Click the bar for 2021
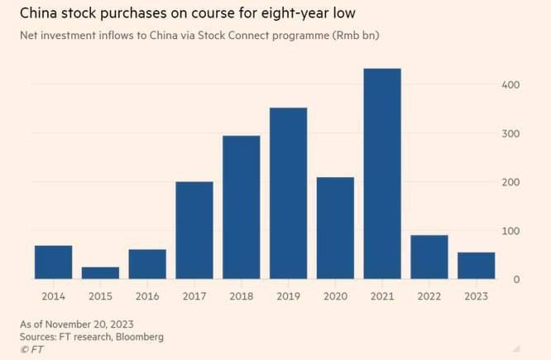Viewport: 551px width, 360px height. point(382,174)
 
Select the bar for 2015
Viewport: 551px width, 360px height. point(100,273)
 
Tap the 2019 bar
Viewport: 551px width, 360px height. point(288,194)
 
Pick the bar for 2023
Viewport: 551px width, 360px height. point(476,266)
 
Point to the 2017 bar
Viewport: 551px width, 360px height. point(194,230)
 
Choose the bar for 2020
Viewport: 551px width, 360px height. point(335,228)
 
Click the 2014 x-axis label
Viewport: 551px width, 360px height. point(53,296)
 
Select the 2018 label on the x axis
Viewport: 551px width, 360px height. point(241,296)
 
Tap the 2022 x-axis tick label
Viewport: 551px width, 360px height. point(429,296)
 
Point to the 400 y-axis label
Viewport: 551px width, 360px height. point(512,85)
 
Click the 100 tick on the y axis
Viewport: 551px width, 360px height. point(512,231)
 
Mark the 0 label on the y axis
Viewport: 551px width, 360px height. point(517,279)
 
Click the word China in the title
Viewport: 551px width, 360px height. point(40,14)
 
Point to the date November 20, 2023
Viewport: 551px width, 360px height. point(93,323)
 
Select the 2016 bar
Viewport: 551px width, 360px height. point(147,264)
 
